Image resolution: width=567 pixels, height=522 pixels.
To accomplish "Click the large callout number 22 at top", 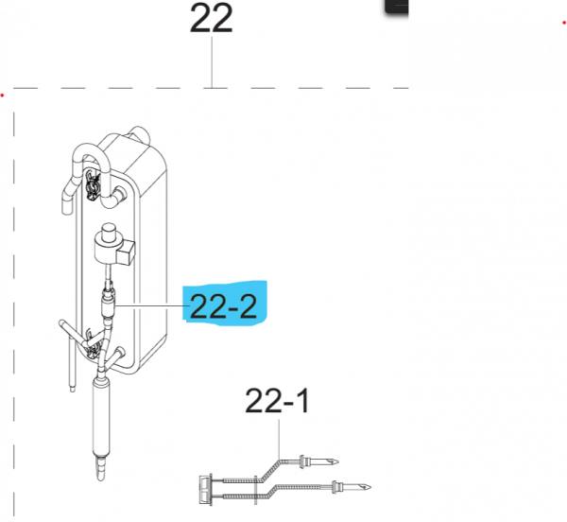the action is coord(211,19).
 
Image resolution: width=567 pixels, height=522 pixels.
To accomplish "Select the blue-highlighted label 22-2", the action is coord(223,306).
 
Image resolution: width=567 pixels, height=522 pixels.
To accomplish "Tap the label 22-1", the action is coord(277,401).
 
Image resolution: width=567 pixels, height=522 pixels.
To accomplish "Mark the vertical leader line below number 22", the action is coord(212,62).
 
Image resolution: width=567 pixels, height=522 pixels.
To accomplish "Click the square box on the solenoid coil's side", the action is coord(126,252).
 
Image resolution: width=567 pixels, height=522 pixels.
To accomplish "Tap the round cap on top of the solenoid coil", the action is coord(109,231).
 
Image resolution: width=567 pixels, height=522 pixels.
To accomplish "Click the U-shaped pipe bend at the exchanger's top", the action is coord(91,154).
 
